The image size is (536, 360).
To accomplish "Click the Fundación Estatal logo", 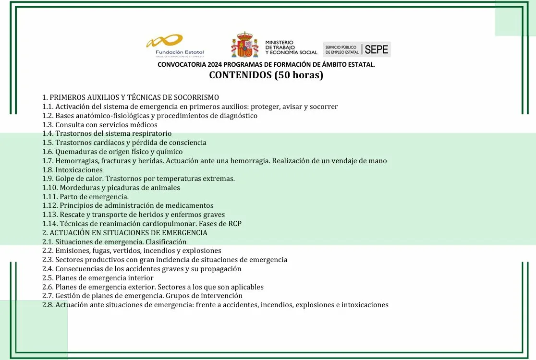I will [175, 46].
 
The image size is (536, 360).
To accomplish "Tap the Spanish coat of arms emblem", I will [245, 45].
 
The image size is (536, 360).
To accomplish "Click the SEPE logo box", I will [356, 49].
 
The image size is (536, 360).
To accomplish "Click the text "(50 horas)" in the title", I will [299, 75].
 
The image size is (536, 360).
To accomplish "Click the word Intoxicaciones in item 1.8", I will [79, 170].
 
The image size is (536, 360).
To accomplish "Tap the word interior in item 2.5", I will [140, 278].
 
